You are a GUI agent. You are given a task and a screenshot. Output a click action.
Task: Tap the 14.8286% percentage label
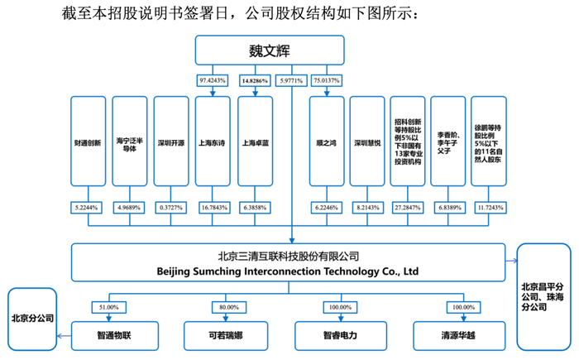click(254, 80)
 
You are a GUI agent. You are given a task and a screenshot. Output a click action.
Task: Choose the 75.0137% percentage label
click(327, 80)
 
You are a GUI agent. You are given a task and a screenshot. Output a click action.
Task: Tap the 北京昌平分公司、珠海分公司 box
click(545, 295)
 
